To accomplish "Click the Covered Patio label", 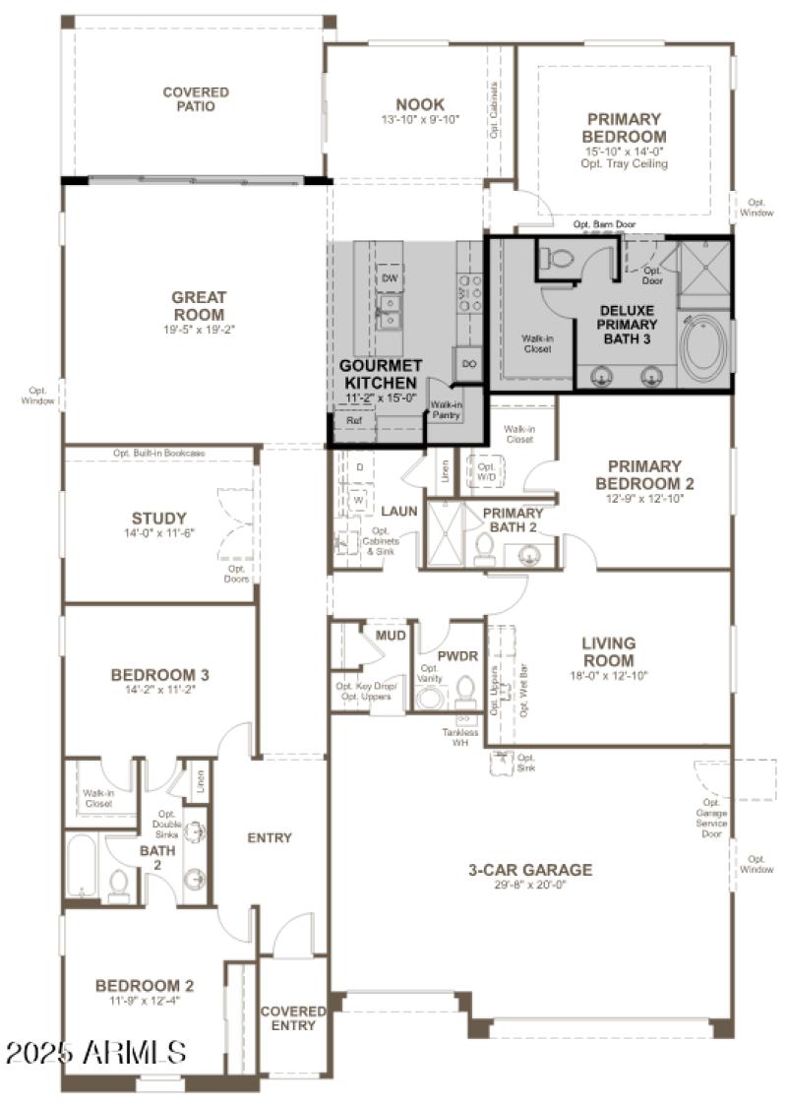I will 196,98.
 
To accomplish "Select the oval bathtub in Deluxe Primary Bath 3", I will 704,347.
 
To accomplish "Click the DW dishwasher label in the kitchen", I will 390,278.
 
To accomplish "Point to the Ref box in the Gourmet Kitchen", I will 353,420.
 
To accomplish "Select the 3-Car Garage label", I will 529,870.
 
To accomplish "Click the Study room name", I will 159,519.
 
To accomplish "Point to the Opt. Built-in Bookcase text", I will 158,453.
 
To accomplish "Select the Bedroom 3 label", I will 159,675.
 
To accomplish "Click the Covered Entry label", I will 293,1018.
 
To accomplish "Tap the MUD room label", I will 391,636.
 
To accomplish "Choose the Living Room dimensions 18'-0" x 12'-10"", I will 608,676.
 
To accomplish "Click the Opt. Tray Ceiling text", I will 624,164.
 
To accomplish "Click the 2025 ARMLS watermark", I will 95,1053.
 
